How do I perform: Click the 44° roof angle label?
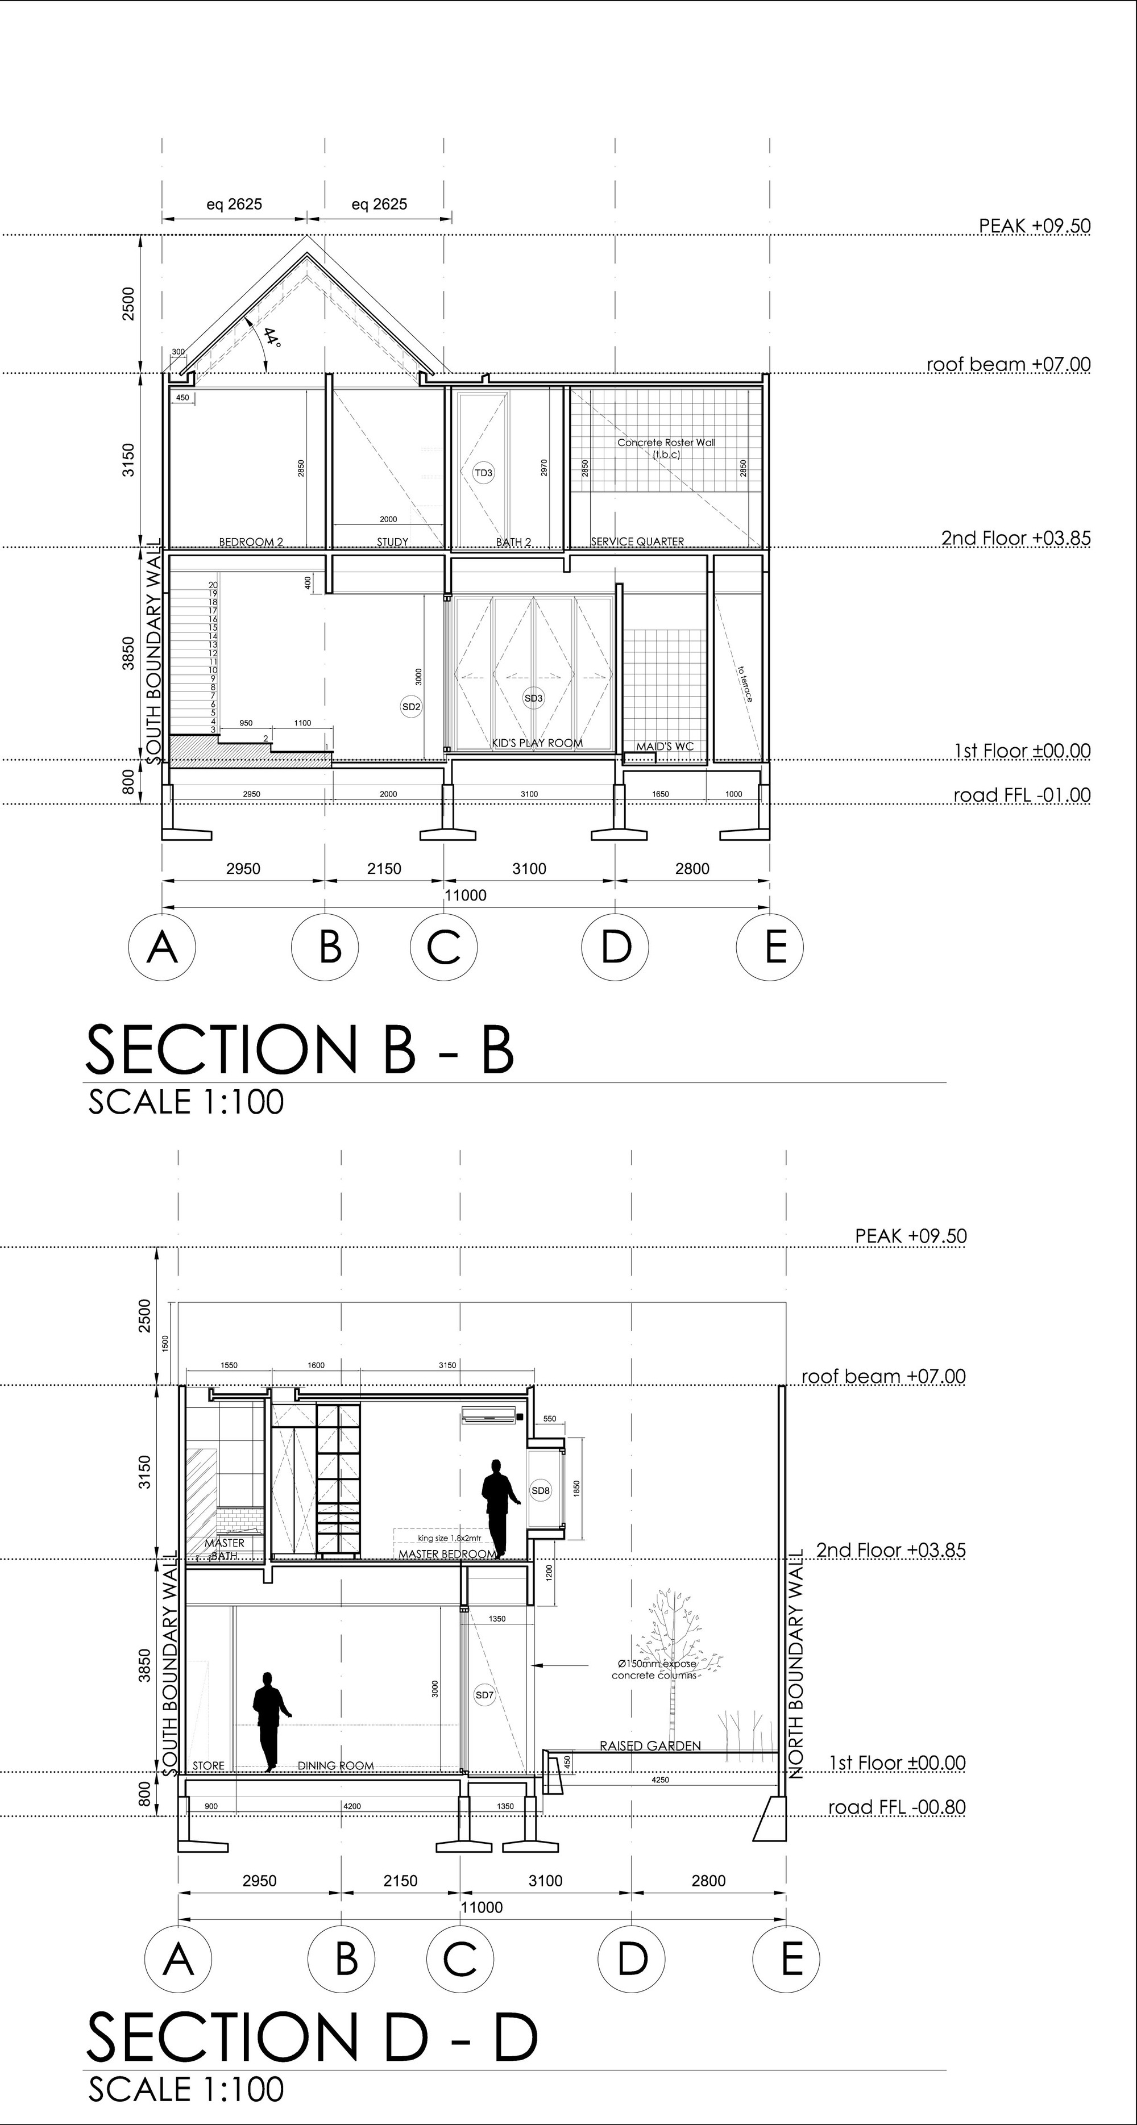(272, 338)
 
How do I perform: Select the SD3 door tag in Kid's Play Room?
(534, 698)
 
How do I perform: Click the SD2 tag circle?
(411, 706)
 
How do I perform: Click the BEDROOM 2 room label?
(251, 542)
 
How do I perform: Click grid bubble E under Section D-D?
(786, 1957)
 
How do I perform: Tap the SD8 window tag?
(541, 1491)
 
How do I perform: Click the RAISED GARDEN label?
(650, 1745)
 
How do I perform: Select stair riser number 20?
(213, 585)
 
